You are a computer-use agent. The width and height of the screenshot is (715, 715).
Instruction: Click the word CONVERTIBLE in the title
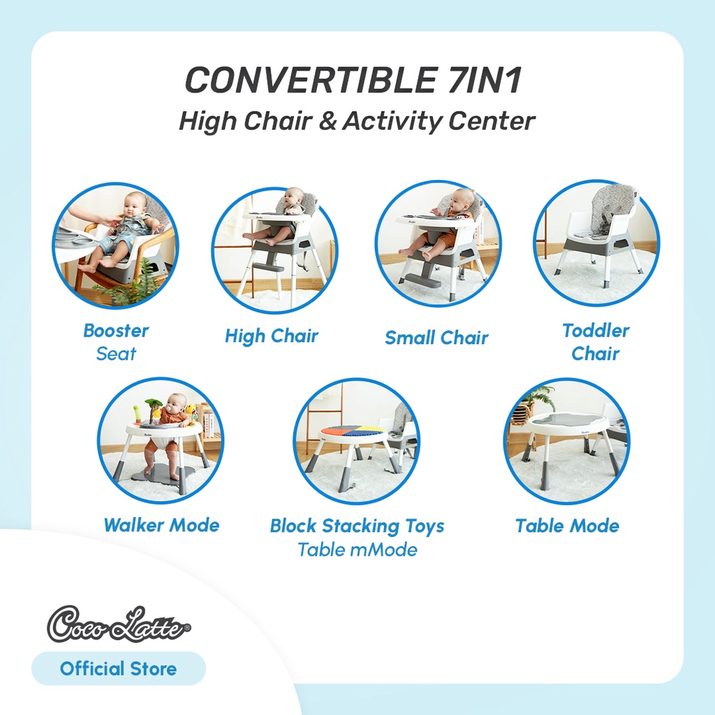310,81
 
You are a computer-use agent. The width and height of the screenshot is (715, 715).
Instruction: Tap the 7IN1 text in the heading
482,81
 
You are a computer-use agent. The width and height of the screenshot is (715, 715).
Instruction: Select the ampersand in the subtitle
327,121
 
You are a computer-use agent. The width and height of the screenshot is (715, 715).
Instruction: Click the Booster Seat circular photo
115,245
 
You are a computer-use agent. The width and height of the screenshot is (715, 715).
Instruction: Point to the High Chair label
272,337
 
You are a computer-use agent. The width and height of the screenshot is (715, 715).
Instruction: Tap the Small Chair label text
436,338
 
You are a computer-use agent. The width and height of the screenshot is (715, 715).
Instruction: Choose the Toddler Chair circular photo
596,243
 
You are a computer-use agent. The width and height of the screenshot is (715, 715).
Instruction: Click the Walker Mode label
161,525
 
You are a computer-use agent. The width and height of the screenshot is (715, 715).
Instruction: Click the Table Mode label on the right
567,526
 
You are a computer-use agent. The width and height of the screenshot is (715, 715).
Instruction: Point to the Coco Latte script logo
119,624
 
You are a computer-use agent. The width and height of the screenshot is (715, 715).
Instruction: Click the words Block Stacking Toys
357,526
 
